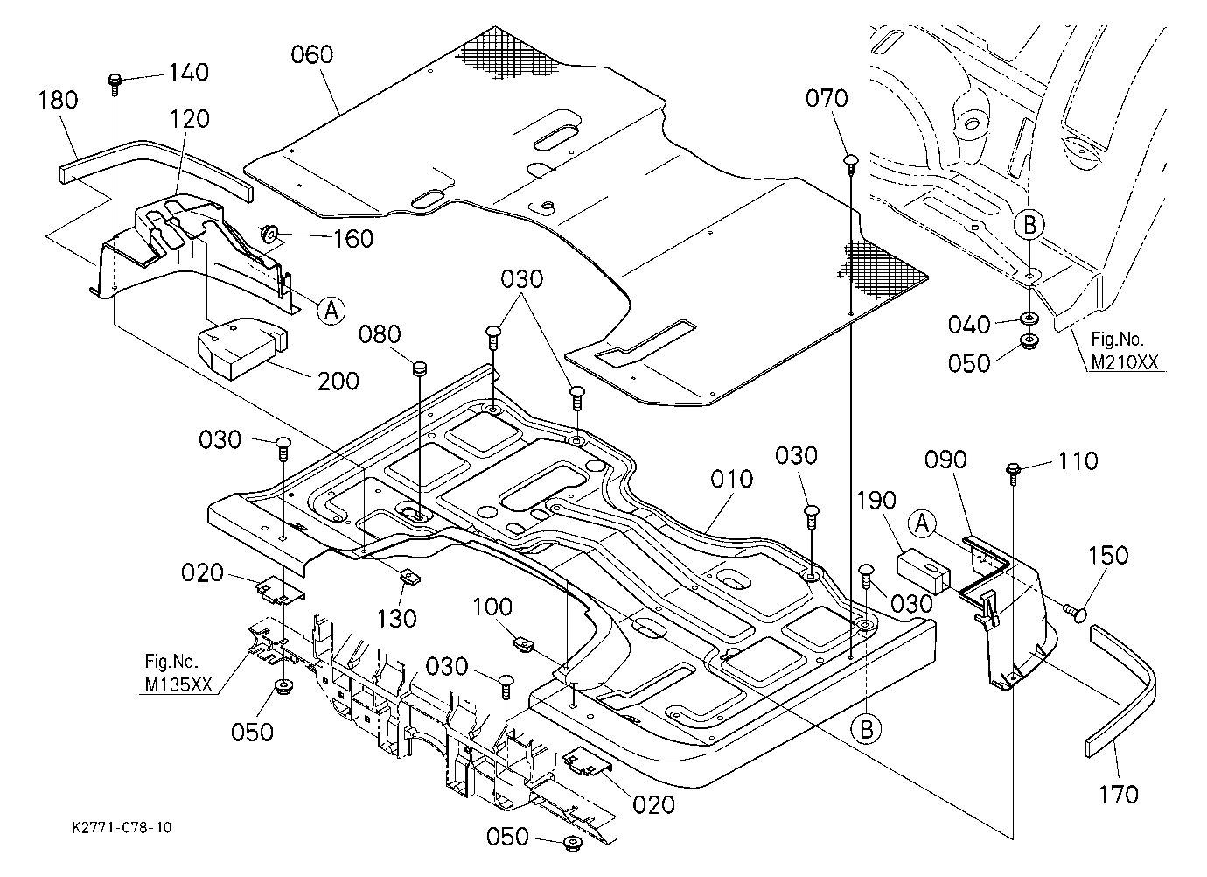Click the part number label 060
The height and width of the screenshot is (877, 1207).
tap(312, 54)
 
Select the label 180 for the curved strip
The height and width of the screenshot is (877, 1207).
tap(58, 100)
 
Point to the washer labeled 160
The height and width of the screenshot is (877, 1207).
tap(268, 233)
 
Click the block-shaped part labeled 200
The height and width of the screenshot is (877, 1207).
tap(242, 347)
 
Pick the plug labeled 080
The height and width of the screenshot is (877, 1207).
tap(419, 369)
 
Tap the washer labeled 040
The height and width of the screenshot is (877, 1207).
tap(1029, 319)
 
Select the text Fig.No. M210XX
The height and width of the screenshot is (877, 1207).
tap(1125, 351)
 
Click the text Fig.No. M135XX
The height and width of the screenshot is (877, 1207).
tap(178, 673)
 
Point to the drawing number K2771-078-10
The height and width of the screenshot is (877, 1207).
tap(122, 827)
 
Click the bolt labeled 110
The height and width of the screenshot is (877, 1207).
tap(1013, 470)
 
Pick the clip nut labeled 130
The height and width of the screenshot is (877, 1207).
tap(411, 577)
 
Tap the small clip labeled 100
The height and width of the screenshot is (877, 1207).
tap(522, 643)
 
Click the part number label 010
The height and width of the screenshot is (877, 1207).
tap(731, 479)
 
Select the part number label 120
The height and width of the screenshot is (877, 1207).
tap(189, 119)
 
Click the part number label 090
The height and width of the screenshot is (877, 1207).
tap(945, 460)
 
